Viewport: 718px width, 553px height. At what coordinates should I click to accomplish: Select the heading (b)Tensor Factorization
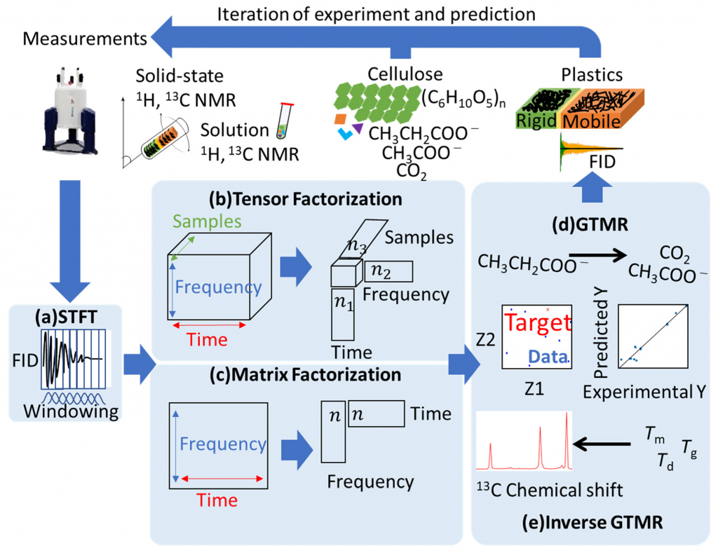(x=308, y=198)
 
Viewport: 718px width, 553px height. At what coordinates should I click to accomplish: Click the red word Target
(x=536, y=323)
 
